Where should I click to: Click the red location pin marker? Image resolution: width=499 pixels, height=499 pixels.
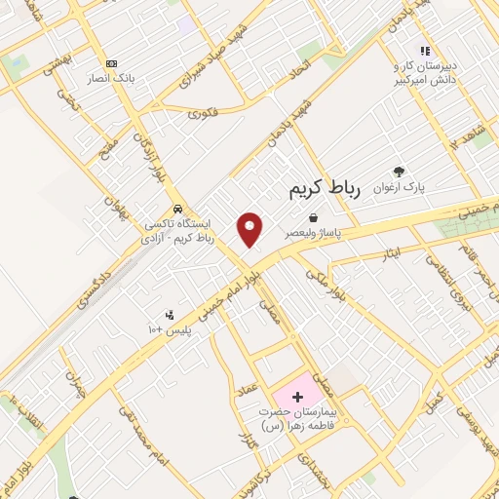point(249,229)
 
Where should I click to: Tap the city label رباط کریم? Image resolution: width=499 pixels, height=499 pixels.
point(325,189)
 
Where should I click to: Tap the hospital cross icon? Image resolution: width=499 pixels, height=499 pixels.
point(297,398)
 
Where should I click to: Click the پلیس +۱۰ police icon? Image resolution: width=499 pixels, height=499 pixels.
point(171,315)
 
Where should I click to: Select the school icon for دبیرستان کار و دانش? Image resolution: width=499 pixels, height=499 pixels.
point(424,51)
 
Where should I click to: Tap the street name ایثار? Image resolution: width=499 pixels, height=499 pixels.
point(390,253)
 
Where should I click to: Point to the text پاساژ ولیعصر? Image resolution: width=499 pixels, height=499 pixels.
point(310,235)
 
